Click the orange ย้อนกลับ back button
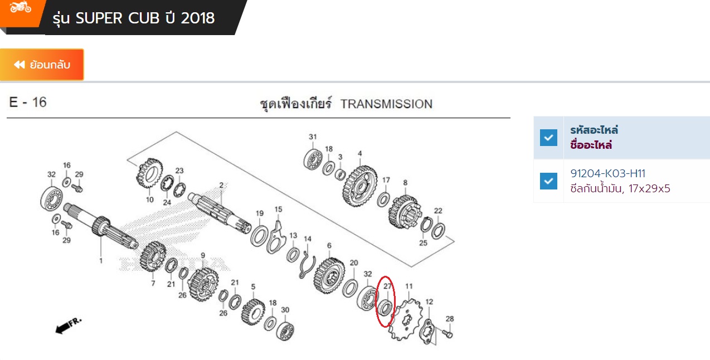pos(42,65)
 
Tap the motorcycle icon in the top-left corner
pos(21,7)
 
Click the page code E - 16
pos(28,103)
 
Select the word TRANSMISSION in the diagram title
pos(386,104)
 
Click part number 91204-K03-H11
pos(607,173)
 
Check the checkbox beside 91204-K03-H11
pos(548,181)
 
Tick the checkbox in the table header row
pos(548,137)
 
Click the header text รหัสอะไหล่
pos(594,130)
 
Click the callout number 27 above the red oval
pos(388,286)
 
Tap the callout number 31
pos(313,137)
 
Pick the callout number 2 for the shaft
pos(221,185)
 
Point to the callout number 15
pos(278,209)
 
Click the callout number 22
pos(438,211)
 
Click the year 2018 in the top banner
pos(198,18)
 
